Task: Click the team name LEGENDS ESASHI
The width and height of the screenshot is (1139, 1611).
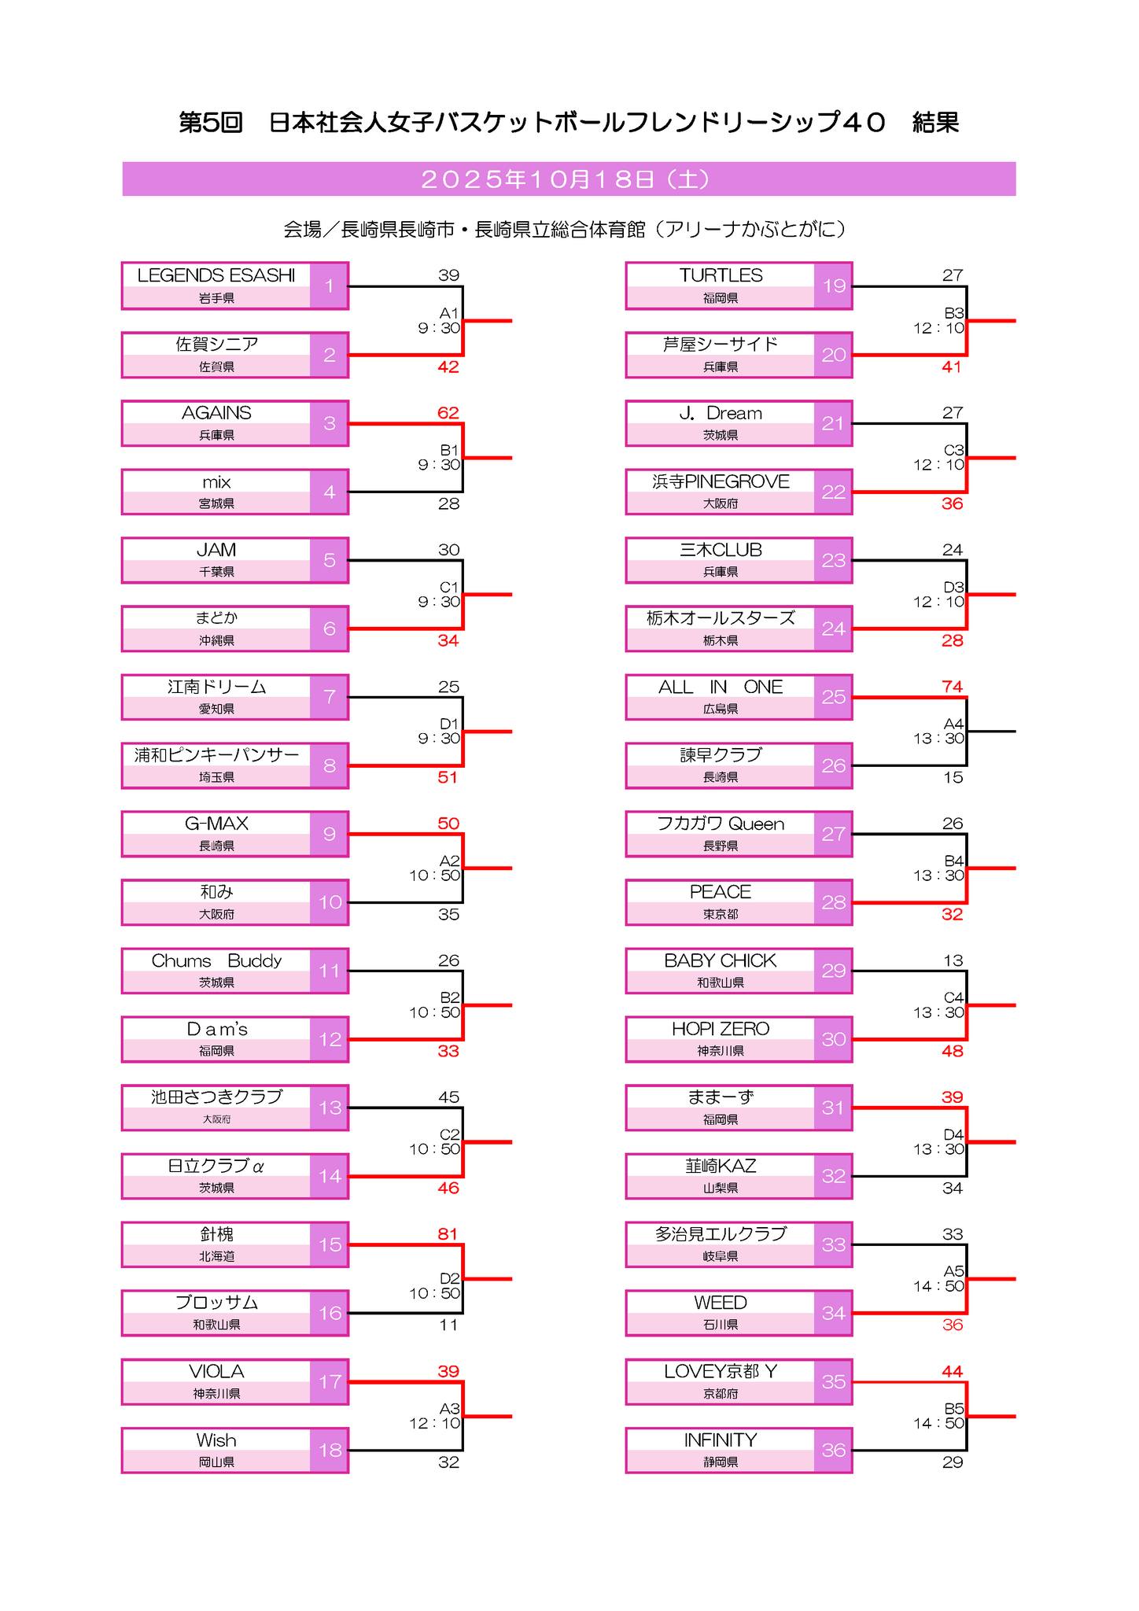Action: coord(216,275)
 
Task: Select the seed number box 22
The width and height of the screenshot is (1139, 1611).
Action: coord(833,492)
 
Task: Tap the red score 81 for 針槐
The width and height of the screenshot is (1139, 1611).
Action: coord(448,1233)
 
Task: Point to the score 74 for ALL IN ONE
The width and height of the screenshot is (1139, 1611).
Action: coord(952,687)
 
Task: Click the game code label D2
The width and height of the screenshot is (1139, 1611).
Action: coord(450,1279)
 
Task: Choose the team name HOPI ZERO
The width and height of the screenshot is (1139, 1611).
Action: coord(721,1029)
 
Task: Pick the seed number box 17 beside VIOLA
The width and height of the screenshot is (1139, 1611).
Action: coord(330,1381)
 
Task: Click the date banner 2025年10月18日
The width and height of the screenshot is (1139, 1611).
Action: coord(568,179)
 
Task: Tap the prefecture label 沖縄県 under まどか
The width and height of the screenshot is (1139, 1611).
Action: coord(216,640)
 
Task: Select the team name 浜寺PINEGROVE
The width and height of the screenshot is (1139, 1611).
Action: coord(721,481)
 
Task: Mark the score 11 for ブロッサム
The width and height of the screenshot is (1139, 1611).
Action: coord(448,1325)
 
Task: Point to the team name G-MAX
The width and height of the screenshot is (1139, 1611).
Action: coord(216,824)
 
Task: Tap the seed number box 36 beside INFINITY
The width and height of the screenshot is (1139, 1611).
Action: coord(833,1450)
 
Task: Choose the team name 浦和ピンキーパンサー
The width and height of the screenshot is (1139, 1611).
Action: coord(216,755)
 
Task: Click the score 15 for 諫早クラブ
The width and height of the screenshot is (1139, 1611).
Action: coord(953,777)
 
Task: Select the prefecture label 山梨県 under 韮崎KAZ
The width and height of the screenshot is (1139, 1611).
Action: coord(721,1188)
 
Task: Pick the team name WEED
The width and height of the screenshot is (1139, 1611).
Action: coord(721,1303)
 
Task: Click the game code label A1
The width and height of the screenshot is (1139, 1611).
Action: coord(449,313)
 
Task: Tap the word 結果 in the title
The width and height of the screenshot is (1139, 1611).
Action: coord(935,123)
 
